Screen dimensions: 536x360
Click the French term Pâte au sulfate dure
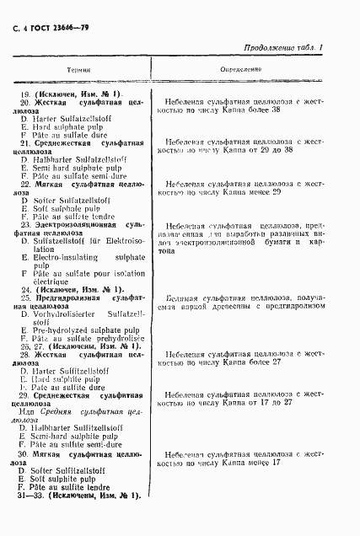[67, 137]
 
